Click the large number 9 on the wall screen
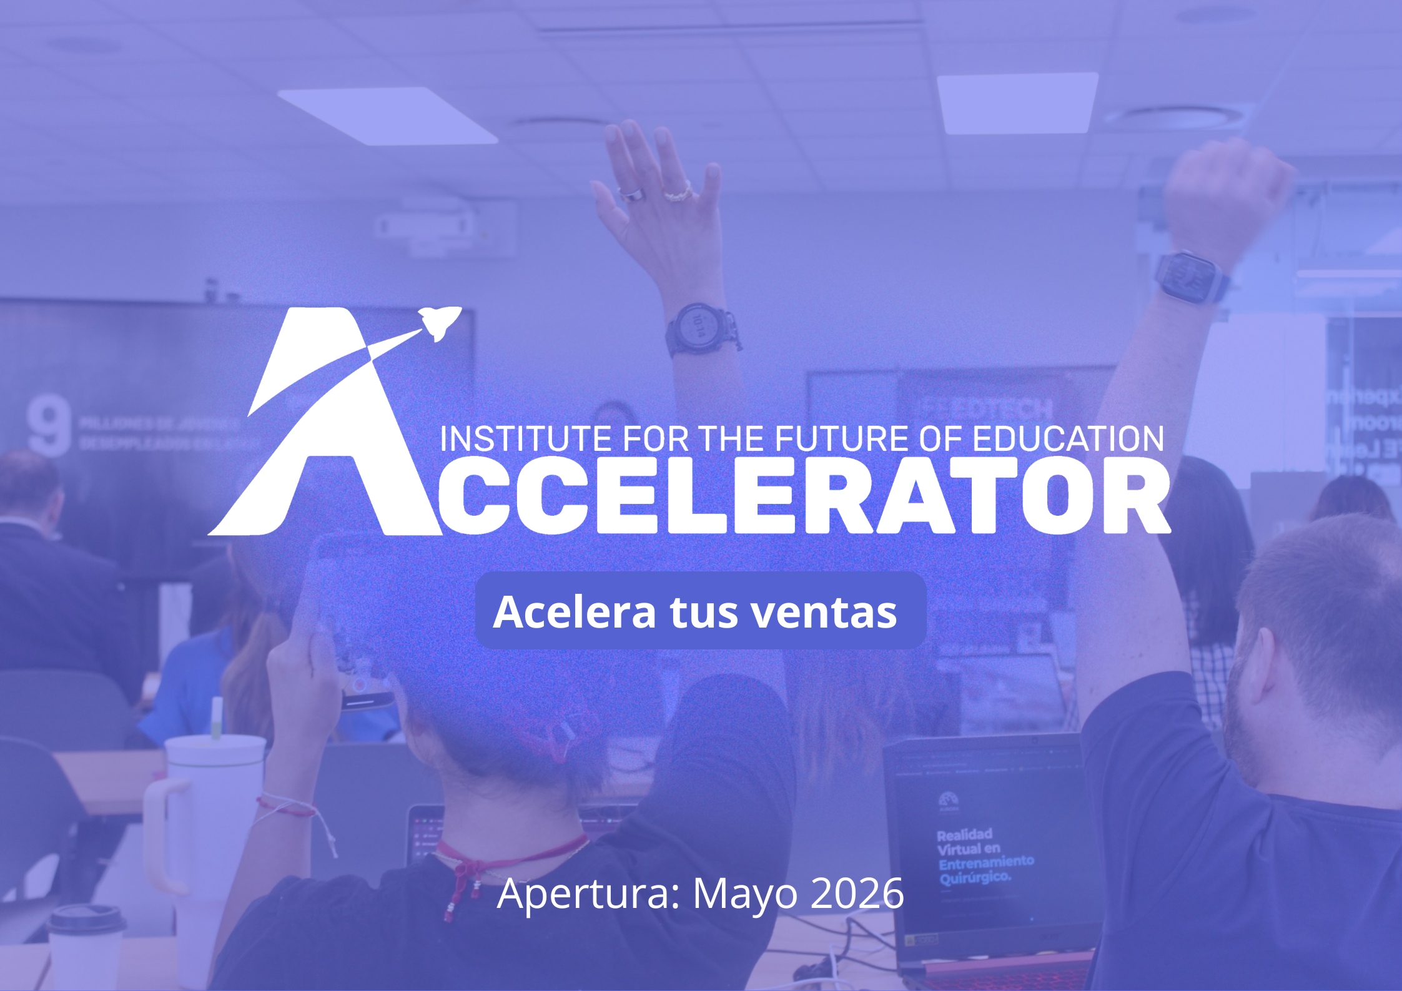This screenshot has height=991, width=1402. tap(49, 428)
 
